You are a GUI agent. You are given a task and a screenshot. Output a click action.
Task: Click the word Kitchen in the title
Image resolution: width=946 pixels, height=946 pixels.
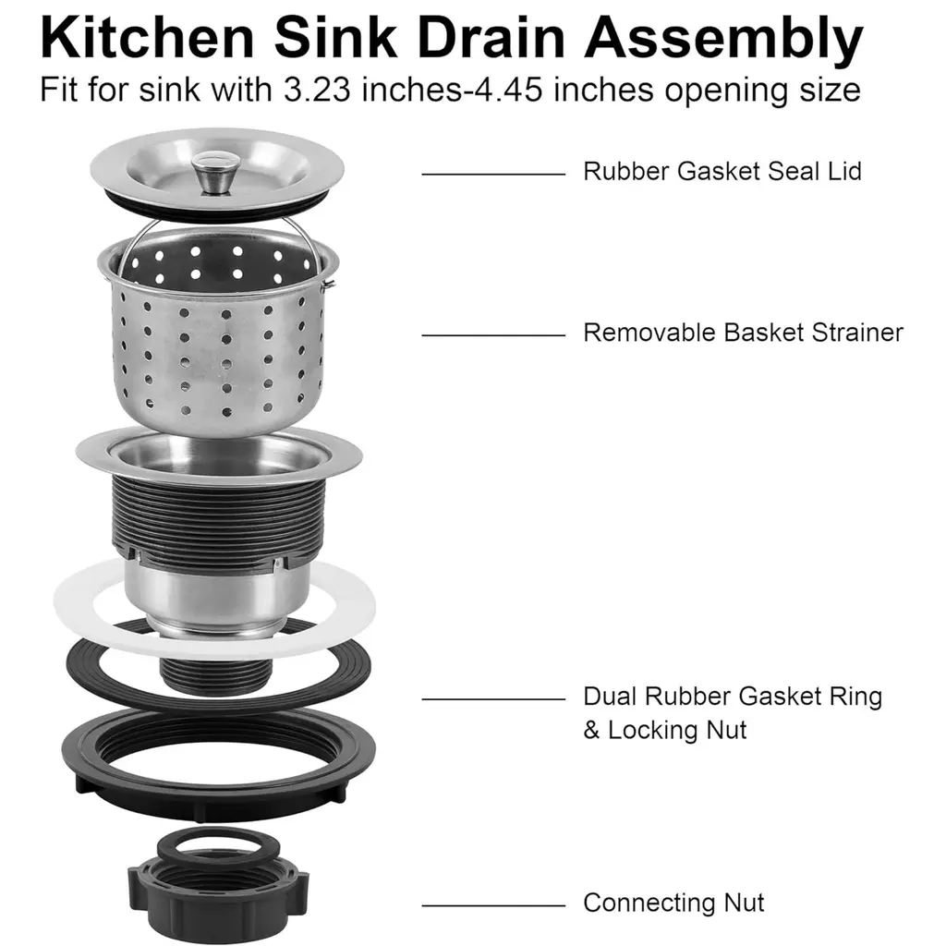pos(147,37)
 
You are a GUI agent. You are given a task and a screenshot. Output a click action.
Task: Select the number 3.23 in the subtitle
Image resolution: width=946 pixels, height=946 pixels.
pos(318,90)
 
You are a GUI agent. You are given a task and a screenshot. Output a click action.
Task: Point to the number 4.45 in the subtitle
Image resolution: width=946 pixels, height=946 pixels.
pos(510,90)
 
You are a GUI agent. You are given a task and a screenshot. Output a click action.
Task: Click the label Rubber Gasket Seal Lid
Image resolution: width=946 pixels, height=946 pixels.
pos(722,171)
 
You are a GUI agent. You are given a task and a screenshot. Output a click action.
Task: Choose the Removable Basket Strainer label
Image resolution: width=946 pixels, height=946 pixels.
pos(744,333)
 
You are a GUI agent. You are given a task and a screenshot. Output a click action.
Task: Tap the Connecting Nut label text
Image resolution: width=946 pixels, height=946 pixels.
pos(673,904)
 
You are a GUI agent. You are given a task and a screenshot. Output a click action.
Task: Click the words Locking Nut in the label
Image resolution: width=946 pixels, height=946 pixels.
pos(677,730)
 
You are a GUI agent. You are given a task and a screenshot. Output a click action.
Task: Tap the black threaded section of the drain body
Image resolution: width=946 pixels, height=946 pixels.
pos(218,519)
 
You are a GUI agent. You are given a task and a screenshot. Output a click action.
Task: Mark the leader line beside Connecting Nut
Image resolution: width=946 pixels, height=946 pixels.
pos(493,905)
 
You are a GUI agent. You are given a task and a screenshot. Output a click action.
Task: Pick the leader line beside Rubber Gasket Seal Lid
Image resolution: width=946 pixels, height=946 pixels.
pos(493,175)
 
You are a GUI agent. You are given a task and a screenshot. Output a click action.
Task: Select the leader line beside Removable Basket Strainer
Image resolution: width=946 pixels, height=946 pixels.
pos(493,334)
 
